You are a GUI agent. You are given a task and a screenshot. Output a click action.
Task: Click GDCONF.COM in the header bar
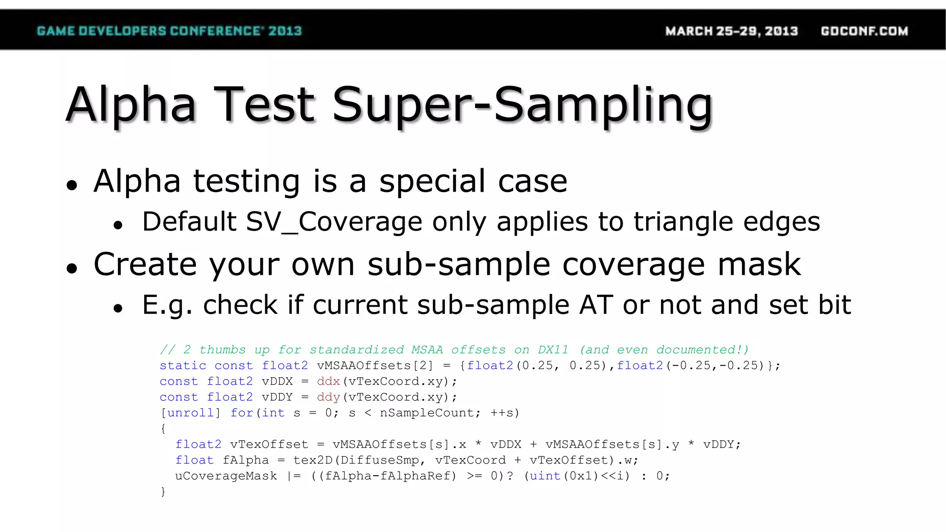pos(864,31)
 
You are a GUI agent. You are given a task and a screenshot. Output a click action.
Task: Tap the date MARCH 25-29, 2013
pos(731,31)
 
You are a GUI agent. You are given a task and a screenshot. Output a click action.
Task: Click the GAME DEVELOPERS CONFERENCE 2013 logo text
pos(169,31)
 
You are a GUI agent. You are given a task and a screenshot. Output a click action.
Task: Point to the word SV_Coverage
pos(334,222)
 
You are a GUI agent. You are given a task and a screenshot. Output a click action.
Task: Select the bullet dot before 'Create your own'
pos(72,268)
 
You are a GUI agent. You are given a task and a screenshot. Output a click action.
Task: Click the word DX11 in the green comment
pos(553,350)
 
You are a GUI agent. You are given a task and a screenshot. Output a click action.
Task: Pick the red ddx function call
pos(328,381)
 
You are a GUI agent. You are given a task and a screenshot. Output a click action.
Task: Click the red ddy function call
pos(328,397)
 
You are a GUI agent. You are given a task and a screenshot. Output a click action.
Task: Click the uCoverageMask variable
pos(226,476)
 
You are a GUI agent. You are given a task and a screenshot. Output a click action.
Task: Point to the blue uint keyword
pos(545,476)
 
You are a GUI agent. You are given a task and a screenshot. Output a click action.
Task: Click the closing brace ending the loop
pos(163,492)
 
